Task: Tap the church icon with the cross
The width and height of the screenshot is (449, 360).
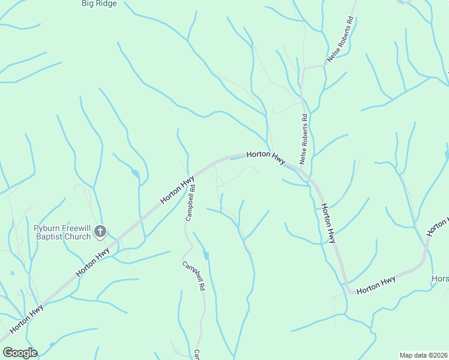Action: (x=100, y=231)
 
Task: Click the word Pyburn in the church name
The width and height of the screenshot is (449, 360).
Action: (x=46, y=228)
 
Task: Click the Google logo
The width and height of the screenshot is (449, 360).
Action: (x=20, y=353)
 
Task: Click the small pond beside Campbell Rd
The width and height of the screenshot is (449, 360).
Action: (x=206, y=256)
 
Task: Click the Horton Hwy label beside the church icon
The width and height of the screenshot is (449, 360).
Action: (x=92, y=262)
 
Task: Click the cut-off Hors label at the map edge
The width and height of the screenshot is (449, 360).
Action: (x=440, y=280)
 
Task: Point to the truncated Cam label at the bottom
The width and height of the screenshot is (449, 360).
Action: (x=196, y=355)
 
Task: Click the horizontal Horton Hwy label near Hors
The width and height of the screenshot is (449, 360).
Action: (x=376, y=285)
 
